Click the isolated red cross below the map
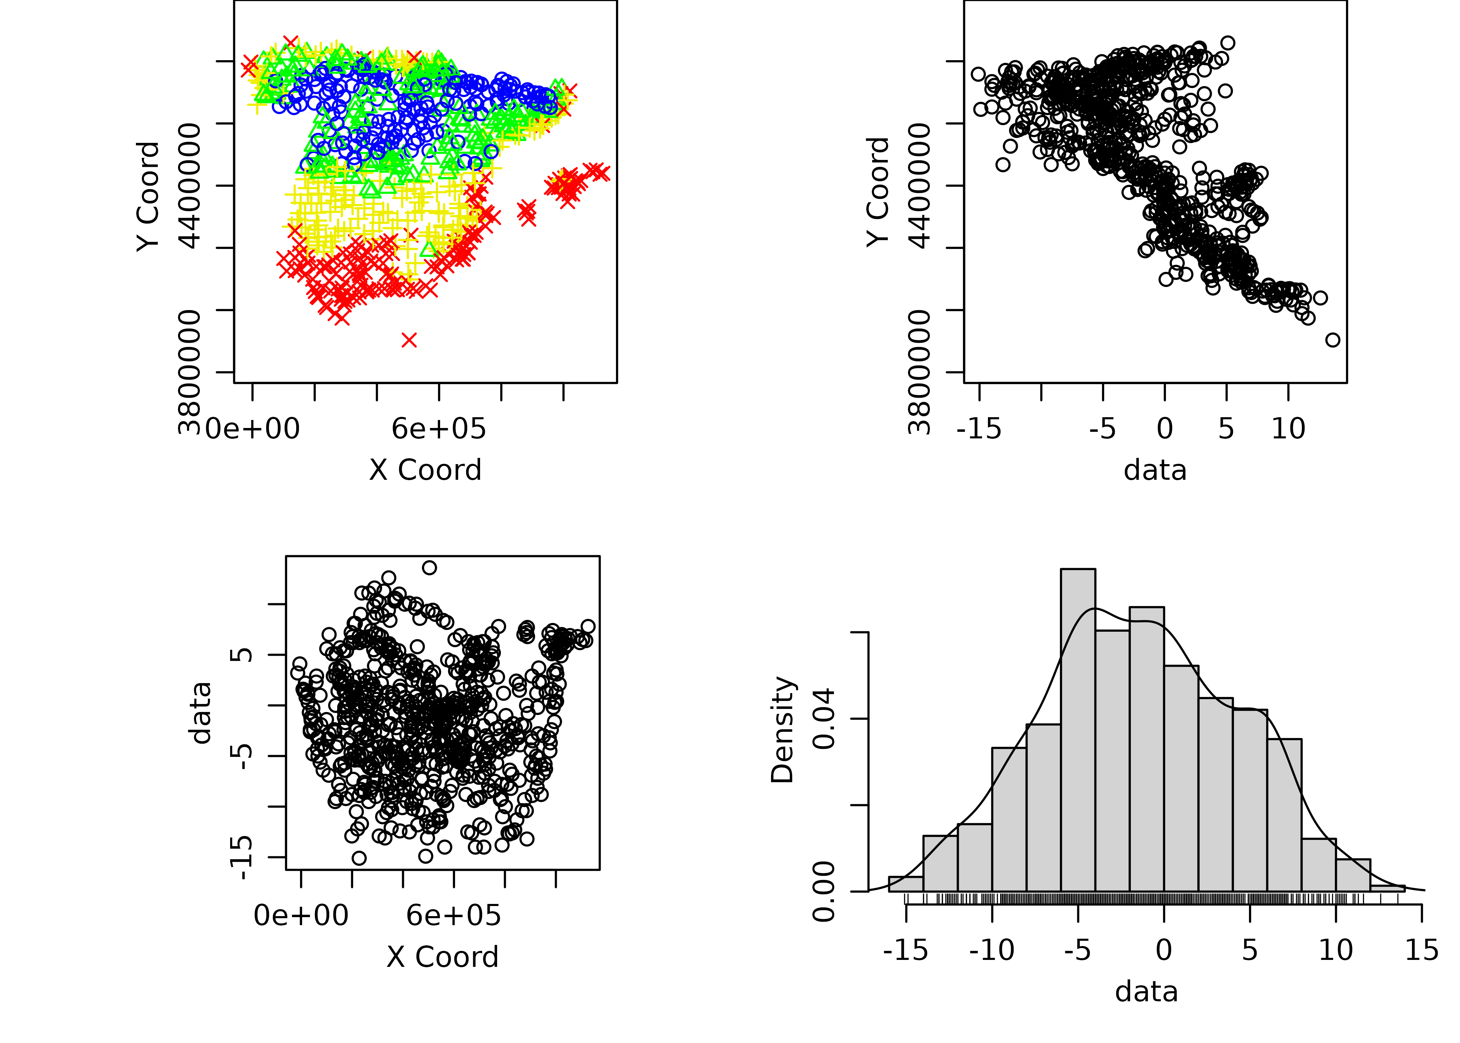pos(409,340)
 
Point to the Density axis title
pos(782,730)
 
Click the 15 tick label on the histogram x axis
pos(1421,951)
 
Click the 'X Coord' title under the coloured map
pos(425,470)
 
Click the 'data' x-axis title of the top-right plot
pos(1155,470)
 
